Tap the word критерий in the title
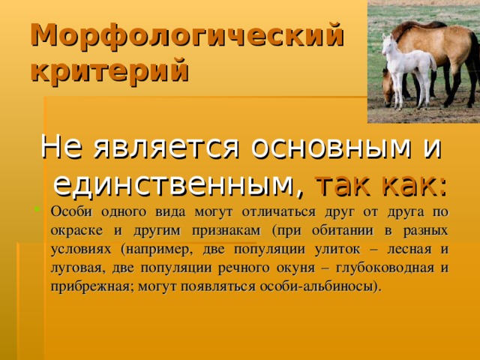(109, 71)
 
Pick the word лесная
(415, 248)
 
